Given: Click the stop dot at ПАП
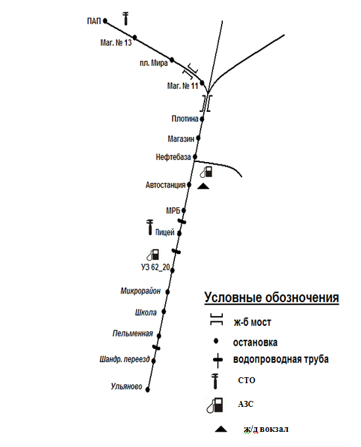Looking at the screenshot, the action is [105, 20].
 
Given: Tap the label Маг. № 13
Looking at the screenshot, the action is [116, 43].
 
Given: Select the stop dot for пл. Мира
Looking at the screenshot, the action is [172, 60].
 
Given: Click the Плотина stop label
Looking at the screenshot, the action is [185, 118].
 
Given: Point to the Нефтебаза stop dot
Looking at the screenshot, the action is [195, 157].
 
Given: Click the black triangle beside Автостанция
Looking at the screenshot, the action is [203, 186].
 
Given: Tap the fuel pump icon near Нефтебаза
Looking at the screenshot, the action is [206, 172].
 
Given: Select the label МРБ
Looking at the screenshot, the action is [173, 211].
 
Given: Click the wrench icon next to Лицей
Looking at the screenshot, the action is [149, 227].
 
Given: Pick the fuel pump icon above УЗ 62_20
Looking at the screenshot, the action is [153, 255].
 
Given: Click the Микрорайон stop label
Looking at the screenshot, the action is [141, 291].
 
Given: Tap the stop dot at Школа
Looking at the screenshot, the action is [164, 312].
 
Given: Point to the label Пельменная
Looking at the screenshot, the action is [133, 333].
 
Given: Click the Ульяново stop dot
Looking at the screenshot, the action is [147, 390].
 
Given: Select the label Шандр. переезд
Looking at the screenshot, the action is [124, 359].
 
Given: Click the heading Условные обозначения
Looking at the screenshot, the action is [272, 298].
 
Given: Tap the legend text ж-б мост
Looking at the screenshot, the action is [253, 322].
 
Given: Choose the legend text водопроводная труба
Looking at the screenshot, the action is [281, 359].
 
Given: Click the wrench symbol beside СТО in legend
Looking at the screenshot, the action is [215, 382].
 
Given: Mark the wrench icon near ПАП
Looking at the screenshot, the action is [126, 18].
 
